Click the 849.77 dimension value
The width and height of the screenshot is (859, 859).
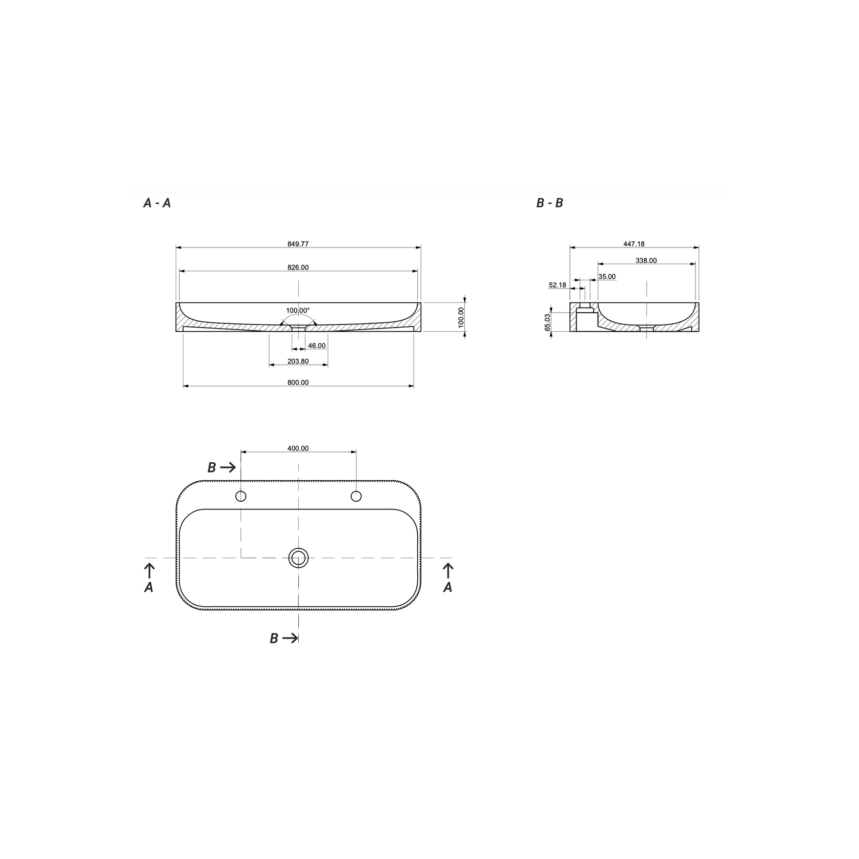tap(298, 244)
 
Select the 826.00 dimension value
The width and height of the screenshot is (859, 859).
tap(298, 268)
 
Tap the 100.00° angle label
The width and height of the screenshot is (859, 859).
tap(298, 311)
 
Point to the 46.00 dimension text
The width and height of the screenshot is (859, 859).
tap(317, 346)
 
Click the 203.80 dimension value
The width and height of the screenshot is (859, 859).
tap(298, 361)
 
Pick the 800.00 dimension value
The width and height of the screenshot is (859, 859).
tap(298, 382)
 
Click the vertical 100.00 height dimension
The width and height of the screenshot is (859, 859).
tap(461, 317)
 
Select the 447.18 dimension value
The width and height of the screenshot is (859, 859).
tap(634, 244)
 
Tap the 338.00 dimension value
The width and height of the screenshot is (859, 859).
tap(646, 260)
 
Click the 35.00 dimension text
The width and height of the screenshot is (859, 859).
tap(607, 277)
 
